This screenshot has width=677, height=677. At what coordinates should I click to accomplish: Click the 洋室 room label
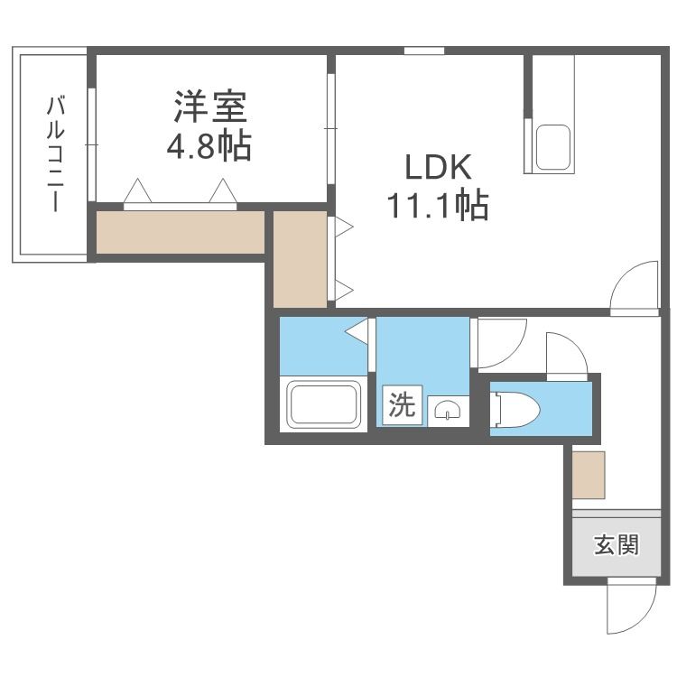[210, 107]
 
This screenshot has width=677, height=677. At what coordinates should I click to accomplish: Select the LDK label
[437, 169]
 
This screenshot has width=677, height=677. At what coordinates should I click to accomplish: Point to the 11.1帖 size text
[438, 207]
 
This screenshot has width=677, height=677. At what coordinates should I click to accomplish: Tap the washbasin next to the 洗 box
[448, 412]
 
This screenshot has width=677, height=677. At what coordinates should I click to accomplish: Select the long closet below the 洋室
[181, 232]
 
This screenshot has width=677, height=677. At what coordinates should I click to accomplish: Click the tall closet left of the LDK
[300, 258]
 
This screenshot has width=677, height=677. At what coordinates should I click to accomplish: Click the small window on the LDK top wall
[417, 51]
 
